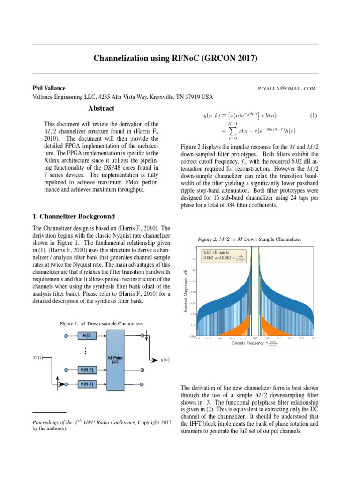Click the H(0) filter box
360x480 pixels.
87,336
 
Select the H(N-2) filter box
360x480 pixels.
87,370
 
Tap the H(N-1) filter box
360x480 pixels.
87,384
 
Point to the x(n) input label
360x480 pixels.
37,357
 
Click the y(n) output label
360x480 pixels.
165,360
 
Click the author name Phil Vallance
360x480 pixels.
49,88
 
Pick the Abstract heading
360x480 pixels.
101,108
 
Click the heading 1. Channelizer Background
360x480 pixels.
73,217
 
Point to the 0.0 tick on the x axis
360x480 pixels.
255,337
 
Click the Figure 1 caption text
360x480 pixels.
101,323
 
